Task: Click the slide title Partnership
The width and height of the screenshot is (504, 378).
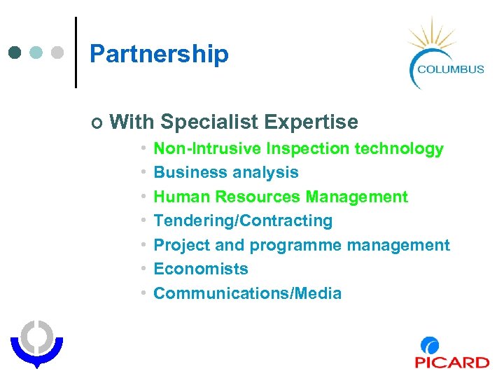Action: (x=159, y=54)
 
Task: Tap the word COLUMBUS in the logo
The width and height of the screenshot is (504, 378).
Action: (x=451, y=69)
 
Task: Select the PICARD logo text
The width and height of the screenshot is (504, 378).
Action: (x=451, y=362)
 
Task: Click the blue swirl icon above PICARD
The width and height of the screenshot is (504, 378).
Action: (x=430, y=346)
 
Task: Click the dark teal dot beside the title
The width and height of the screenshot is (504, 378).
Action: (x=16, y=52)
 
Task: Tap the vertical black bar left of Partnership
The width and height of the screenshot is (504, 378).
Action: (x=76, y=52)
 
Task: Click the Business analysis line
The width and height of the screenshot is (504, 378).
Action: (x=225, y=172)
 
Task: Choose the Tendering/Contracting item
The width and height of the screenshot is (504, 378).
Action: (x=243, y=220)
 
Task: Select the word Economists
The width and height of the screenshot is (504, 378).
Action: (x=201, y=269)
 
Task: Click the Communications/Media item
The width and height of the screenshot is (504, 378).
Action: (x=247, y=293)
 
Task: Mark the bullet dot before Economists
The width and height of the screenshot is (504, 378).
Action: (x=142, y=269)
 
